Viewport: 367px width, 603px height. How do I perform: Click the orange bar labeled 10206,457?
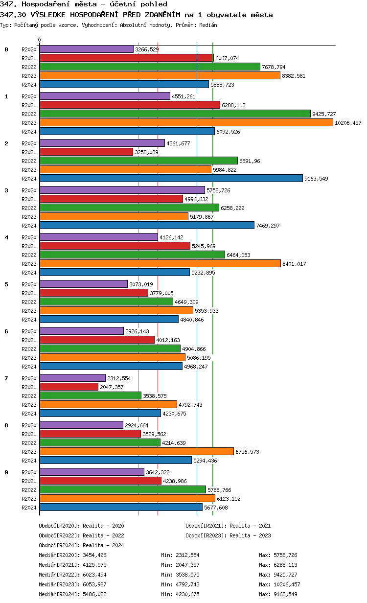[x=186, y=122]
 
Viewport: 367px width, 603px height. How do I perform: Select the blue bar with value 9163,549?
[x=171, y=178]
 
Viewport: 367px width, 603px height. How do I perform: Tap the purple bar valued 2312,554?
[x=72, y=378]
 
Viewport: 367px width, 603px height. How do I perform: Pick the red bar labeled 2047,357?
[x=69, y=387]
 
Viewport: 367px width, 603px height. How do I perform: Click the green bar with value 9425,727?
[x=175, y=114]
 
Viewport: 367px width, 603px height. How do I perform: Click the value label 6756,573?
[x=247, y=452]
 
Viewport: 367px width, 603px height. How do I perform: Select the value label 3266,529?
[x=147, y=49]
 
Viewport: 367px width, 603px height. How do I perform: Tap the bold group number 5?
[x=6, y=284]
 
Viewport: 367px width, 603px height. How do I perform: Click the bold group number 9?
[x=6, y=472]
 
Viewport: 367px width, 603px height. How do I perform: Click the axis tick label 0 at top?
[x=40, y=40]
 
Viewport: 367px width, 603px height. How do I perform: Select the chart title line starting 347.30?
[x=137, y=15]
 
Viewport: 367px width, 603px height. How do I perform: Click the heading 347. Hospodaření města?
[x=83, y=4]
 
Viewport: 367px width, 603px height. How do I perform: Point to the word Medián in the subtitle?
[x=208, y=25]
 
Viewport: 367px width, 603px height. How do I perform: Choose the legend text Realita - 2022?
[x=103, y=535]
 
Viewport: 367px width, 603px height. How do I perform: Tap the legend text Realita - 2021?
[x=250, y=526]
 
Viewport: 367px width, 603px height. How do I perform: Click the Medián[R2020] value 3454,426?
[x=94, y=555]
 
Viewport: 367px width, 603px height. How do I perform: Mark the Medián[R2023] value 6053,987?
[x=94, y=584]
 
